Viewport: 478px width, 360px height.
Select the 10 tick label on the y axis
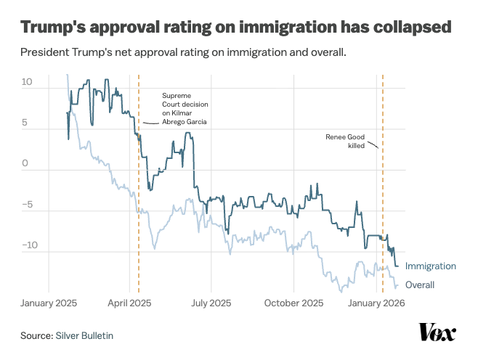point(27,82)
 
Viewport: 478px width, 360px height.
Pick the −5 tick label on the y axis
point(27,205)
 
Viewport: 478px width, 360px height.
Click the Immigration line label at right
point(431,266)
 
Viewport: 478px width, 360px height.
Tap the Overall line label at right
point(420,285)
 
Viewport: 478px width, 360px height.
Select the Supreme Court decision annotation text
point(184,109)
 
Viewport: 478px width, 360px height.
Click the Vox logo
point(437,332)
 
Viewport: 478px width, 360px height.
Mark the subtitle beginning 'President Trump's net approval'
point(183,54)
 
